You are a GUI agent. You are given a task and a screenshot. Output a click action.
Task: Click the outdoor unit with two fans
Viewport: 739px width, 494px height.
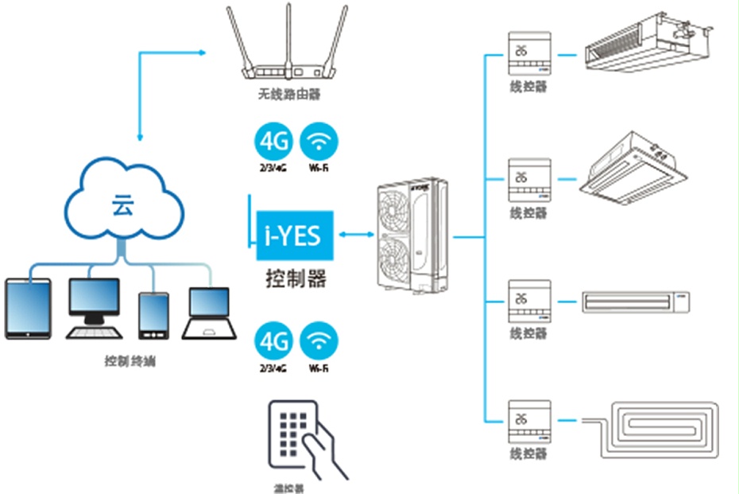tap(412, 235)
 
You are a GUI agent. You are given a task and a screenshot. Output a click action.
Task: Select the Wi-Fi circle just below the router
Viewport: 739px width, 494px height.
tap(319, 141)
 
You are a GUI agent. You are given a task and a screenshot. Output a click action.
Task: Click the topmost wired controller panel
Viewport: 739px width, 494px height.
tap(528, 54)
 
